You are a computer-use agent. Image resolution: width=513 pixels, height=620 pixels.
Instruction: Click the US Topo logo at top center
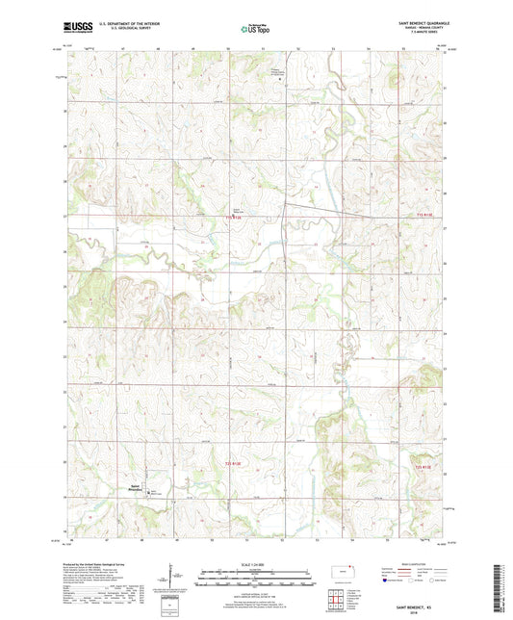256,29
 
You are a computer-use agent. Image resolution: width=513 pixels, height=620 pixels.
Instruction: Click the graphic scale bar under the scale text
256,578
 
